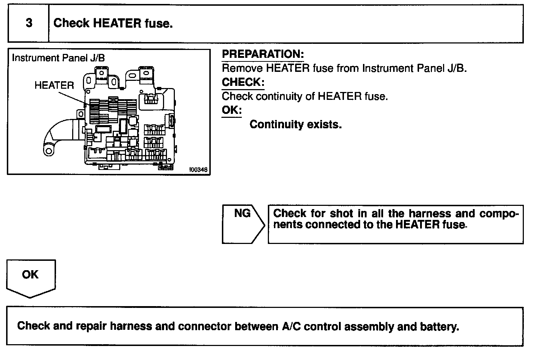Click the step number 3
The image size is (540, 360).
tap(29, 23)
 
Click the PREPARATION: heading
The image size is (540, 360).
tap(263, 54)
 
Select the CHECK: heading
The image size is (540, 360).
tap(243, 82)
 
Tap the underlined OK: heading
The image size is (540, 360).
tap(232, 110)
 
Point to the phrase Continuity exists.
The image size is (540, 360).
tap(295, 124)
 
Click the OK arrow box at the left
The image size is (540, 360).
tap(31, 277)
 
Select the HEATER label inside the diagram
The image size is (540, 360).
tap(54, 86)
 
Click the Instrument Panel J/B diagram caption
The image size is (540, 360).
tap(59, 58)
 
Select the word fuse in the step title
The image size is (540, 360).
tap(158, 24)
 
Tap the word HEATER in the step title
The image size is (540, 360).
tap(117, 24)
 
